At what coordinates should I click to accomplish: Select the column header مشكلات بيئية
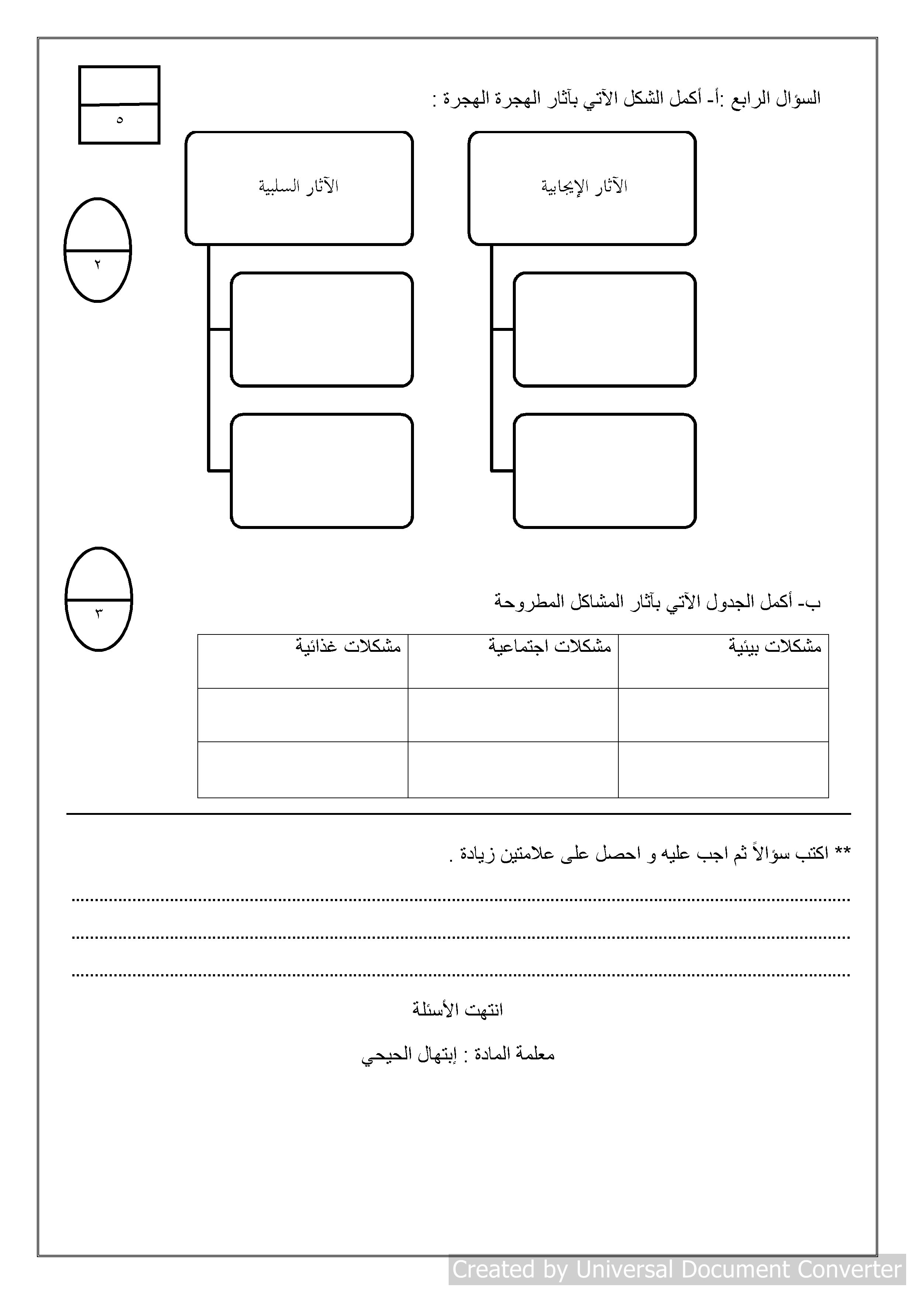tap(775, 646)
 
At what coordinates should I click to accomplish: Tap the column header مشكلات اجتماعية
tap(550, 646)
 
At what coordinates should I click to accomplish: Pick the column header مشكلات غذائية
tap(348, 646)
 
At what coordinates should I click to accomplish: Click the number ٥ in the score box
tap(119, 120)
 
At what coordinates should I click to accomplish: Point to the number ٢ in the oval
tap(97, 264)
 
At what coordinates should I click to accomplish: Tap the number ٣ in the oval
tap(99, 613)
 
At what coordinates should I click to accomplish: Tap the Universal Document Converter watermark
tap(677, 1269)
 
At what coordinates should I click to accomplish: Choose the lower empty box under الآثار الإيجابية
tap(604, 471)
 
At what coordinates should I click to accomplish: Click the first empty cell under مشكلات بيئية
tap(723, 715)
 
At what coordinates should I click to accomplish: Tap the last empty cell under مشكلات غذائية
tap(303, 769)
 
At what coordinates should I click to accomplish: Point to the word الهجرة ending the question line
tap(466, 99)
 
